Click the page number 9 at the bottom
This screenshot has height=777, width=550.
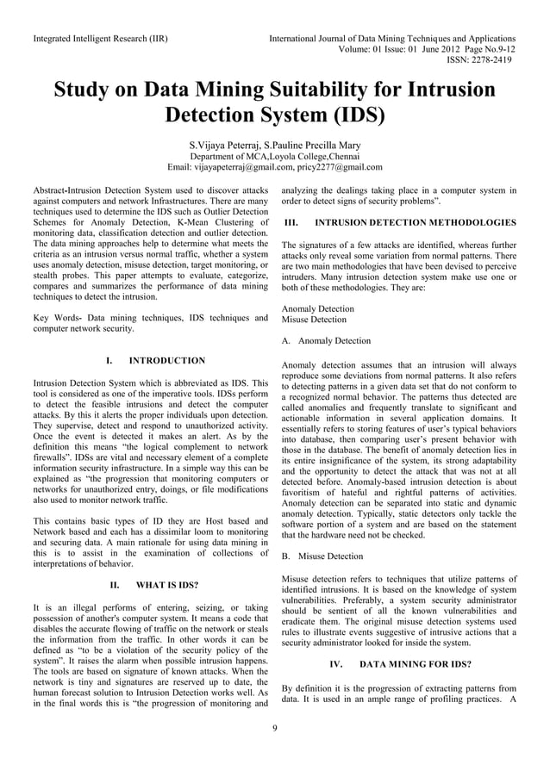click(x=274, y=730)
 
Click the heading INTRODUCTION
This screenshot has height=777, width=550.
click(x=166, y=360)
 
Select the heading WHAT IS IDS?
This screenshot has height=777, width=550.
click(x=163, y=586)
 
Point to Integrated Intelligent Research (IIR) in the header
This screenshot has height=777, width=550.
click(x=100, y=39)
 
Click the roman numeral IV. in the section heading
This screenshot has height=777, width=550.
click(x=336, y=665)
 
